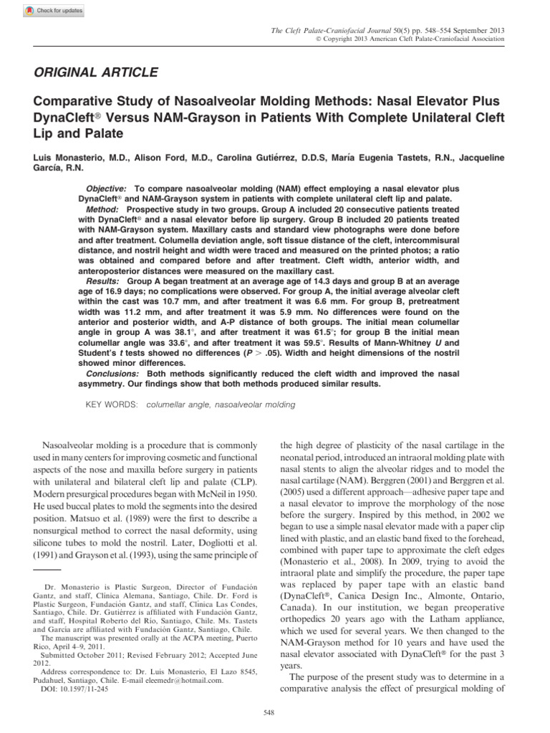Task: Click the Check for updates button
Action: coord(54,11)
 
